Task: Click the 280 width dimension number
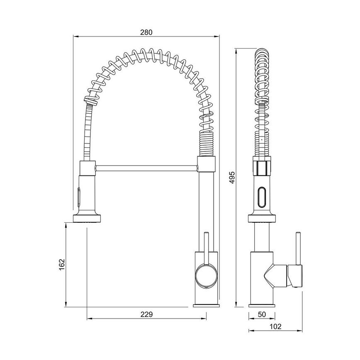pyautogui.click(x=146, y=32)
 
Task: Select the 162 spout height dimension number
pyautogui.click(x=62, y=264)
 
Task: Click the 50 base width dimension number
pyautogui.click(x=261, y=314)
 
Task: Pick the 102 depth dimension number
pyautogui.click(x=275, y=326)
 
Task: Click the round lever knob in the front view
pyautogui.click(x=206, y=275)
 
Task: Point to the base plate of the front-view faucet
pyautogui.click(x=206, y=306)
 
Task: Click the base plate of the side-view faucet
pyautogui.click(x=261, y=306)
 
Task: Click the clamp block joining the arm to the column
pyautogui.click(x=206, y=165)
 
